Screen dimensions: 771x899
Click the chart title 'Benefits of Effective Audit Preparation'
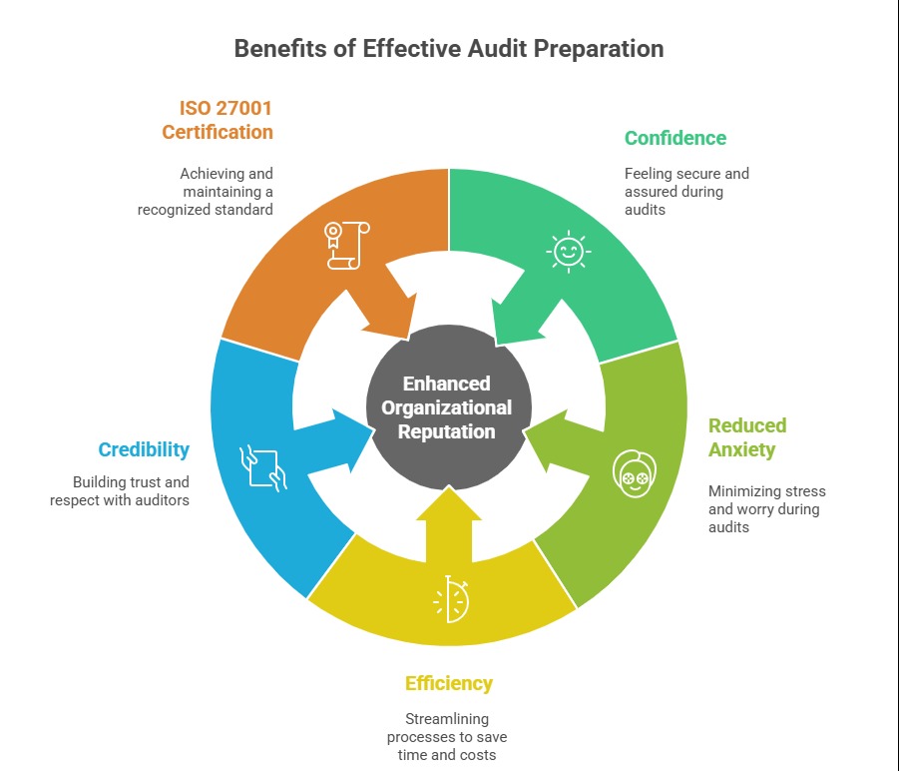[449, 49]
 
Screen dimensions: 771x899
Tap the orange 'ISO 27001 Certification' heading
[225, 120]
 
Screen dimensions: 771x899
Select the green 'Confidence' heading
[674, 138]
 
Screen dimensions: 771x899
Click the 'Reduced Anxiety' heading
[747, 437]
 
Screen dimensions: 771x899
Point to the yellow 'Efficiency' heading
[448, 683]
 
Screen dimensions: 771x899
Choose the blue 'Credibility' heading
[144, 449]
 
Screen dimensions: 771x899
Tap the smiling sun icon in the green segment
[569, 250]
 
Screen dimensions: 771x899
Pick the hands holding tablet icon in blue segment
[263, 466]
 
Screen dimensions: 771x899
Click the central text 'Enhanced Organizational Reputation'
[447, 407]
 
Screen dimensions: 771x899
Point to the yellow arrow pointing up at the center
[449, 524]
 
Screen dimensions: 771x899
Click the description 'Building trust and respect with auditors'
[120, 490]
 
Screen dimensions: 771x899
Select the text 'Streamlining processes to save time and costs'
[448, 737]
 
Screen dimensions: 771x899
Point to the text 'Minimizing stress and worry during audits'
[766, 508]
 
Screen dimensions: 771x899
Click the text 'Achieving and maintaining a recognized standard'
[206, 192]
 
